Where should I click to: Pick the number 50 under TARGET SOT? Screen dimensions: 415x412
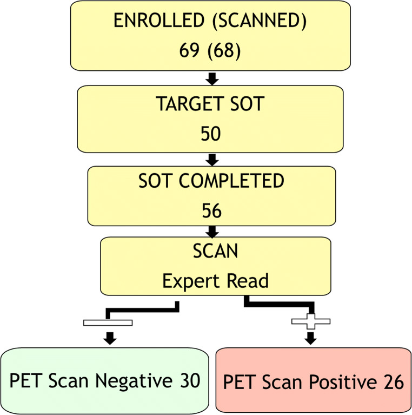tap(210, 133)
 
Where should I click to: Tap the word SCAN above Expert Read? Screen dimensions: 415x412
tap(216, 252)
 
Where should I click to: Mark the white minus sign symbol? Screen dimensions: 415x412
tap(108, 323)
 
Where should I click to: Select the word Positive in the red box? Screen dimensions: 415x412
tap(340, 383)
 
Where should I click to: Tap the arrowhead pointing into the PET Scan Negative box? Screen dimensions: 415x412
tap(110, 339)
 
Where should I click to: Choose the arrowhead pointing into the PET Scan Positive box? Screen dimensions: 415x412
tap(310, 339)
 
